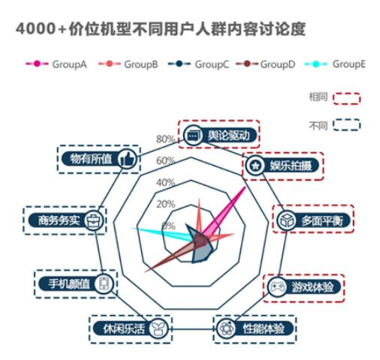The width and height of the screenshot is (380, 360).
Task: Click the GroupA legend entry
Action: (56, 64)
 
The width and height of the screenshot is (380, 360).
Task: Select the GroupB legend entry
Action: (128, 64)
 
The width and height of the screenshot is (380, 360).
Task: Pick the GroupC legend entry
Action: (198, 64)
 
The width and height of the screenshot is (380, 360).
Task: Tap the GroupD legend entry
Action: (265, 64)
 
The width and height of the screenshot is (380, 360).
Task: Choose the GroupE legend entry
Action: (335, 64)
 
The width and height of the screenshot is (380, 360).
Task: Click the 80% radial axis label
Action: (165, 139)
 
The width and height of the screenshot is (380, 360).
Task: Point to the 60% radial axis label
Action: (165, 160)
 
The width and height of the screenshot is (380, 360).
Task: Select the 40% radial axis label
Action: (165, 182)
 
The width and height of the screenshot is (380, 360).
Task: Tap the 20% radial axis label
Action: (165, 204)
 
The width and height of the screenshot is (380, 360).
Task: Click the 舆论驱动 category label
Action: (228, 135)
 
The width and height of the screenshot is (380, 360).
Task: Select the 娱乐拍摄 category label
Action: (291, 166)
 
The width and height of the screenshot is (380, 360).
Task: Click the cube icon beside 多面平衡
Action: (287, 220)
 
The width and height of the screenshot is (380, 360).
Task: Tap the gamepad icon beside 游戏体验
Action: (277, 286)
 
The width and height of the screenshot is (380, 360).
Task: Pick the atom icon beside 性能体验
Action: (225, 328)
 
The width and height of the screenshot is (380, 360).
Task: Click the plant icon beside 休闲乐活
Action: (158, 328)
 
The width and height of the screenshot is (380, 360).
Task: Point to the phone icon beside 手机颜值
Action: (104, 283)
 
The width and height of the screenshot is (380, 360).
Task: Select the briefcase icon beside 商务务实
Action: (94, 220)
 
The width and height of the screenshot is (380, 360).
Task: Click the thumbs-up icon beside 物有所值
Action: (127, 159)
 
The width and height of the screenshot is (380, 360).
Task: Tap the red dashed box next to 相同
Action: (346, 98)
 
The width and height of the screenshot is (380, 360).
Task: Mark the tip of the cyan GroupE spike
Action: (132, 228)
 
